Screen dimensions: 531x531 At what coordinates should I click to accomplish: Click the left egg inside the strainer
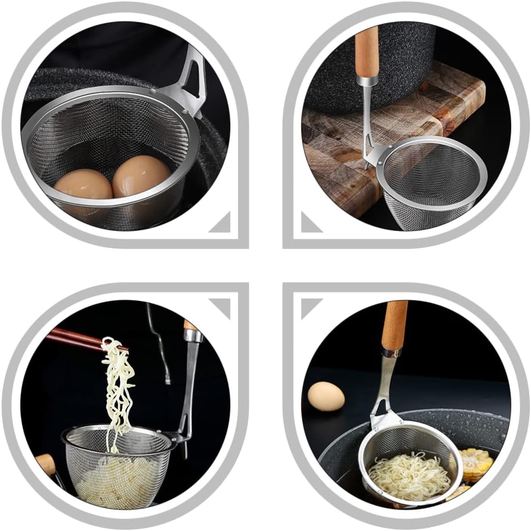[83, 186]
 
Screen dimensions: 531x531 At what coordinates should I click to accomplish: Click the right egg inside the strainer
[141, 176]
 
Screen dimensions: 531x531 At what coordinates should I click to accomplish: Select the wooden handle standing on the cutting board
[367, 52]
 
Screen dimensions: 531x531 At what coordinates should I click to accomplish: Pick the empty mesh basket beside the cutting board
[432, 181]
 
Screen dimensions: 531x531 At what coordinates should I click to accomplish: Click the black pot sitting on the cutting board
[378, 66]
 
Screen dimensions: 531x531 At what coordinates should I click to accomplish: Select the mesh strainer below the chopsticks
[118, 465]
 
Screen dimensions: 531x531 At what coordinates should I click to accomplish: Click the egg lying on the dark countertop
[326, 396]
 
